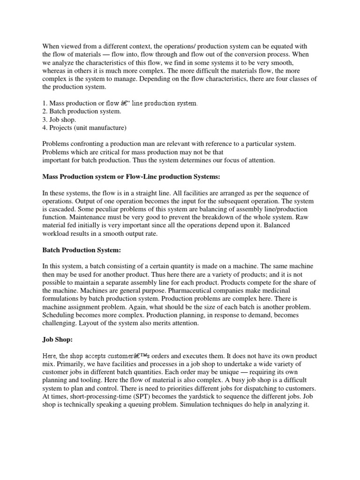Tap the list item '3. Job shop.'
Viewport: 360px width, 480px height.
pyautogui.click(x=59, y=119)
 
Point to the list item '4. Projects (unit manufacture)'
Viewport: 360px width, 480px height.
pyautogui.click(x=84, y=127)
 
